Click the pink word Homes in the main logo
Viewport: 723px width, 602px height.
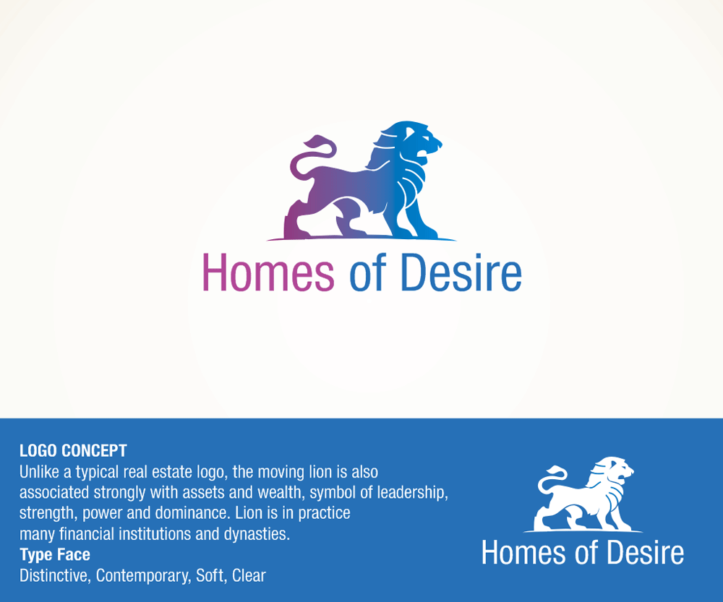pyautogui.click(x=268, y=272)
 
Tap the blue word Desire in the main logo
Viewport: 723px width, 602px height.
pyautogui.click(x=461, y=272)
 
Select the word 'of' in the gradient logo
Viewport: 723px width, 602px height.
pyautogui.click(x=367, y=272)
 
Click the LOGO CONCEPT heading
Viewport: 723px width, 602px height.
pyautogui.click(x=73, y=450)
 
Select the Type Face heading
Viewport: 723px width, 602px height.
pyautogui.click(x=55, y=554)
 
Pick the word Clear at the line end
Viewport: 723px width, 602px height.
pyautogui.click(x=249, y=575)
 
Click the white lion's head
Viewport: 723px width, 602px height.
pyautogui.click(x=615, y=471)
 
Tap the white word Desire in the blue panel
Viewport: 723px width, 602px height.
pyautogui.click(x=645, y=553)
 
